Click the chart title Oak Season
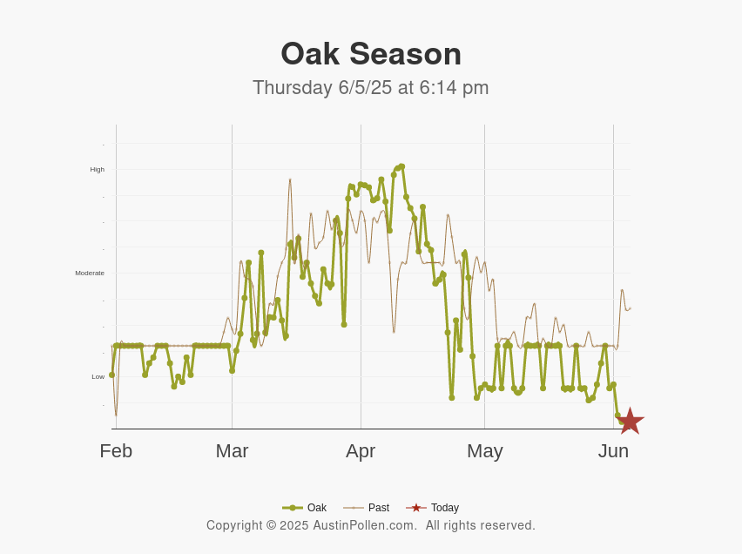pyautogui.click(x=371, y=54)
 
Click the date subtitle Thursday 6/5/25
pyautogui.click(x=322, y=88)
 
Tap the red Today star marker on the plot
pyautogui.click(x=630, y=422)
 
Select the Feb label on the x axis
pyautogui.click(x=116, y=451)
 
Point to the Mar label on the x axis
pyautogui.click(x=232, y=451)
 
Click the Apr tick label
pyautogui.click(x=361, y=451)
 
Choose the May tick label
pyautogui.click(x=484, y=451)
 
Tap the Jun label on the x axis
pyautogui.click(x=613, y=451)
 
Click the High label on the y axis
pyautogui.click(x=97, y=170)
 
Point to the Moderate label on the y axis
pyautogui.click(x=90, y=274)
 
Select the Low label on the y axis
pyautogui.click(x=98, y=377)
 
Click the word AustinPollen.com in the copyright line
pyautogui.click(x=365, y=526)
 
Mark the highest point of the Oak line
pyautogui.click(x=401, y=166)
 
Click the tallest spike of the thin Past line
pyautogui.click(x=290, y=179)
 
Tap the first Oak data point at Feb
pyautogui.click(x=111, y=375)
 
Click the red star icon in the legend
pyautogui.click(x=416, y=508)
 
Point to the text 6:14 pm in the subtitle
pyautogui.click(x=454, y=88)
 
